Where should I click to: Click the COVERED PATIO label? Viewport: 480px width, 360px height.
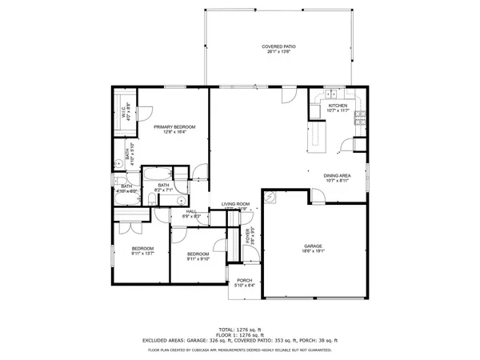[278, 47]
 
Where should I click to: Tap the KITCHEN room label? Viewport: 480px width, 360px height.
[338, 106]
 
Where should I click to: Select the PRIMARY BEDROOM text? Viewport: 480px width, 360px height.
[174, 126]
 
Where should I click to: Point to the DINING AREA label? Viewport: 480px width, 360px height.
[337, 176]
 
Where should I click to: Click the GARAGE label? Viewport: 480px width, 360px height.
[312, 246]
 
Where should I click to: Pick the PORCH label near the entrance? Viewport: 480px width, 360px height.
[244, 280]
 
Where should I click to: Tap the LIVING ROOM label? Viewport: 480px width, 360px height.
[236, 204]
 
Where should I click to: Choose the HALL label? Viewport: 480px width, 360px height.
[192, 211]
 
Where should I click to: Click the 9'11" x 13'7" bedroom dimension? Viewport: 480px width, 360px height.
[142, 254]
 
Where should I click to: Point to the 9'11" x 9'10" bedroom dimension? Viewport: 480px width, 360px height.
[198, 258]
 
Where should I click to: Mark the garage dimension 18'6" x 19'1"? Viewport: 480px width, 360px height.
[312, 251]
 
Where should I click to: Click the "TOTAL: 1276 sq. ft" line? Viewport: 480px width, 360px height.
[240, 330]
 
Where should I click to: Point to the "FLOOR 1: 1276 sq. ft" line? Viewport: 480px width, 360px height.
[240, 335]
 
